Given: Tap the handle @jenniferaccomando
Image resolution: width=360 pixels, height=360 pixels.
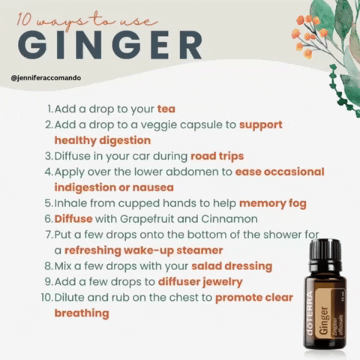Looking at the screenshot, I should coord(46,77).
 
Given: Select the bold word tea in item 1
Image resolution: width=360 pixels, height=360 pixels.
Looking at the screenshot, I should coord(166,109).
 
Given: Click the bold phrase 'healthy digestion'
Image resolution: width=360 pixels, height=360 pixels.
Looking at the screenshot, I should coord(102,140).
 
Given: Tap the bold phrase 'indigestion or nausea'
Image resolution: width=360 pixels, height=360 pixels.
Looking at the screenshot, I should coord(114,187).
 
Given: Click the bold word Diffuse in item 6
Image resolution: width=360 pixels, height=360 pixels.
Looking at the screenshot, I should coord(75,219).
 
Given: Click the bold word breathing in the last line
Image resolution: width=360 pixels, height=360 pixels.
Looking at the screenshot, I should coord(82,313).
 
